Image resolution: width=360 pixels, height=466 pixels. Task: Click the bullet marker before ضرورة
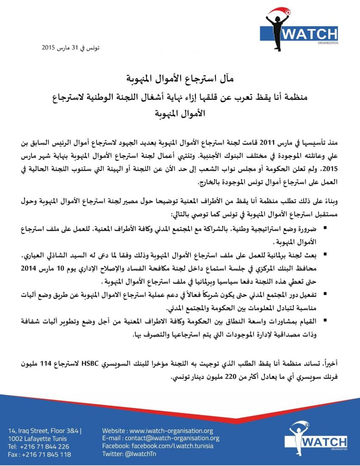[x=325, y=229]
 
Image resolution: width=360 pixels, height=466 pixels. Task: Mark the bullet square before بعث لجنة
[x=325, y=255]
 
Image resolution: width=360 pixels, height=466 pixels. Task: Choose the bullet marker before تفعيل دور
[x=325, y=294]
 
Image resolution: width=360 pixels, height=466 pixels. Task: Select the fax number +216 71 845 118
[x=39, y=454]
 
